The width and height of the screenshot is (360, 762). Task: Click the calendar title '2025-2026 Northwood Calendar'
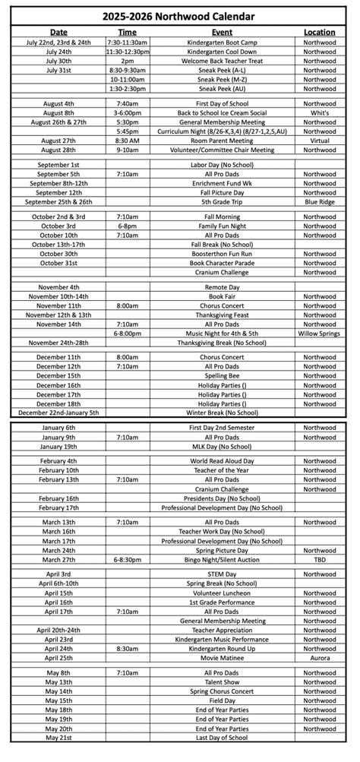[x=180, y=16]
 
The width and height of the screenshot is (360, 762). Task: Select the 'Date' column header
[x=58, y=33]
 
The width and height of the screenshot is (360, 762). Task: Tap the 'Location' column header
[x=319, y=33]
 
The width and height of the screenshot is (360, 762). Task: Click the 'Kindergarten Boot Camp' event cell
[x=222, y=43]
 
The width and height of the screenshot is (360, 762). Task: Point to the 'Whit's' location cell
[x=319, y=113]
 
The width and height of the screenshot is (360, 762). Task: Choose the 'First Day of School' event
[x=222, y=104]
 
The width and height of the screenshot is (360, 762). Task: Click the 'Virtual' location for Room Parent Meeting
[x=319, y=141]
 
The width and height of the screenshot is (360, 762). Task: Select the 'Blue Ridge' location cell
[x=319, y=202]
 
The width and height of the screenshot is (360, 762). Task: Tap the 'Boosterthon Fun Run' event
[x=222, y=254]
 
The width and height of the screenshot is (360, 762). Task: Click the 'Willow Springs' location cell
[x=319, y=334]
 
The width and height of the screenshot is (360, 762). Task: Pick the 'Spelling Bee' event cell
[x=222, y=376]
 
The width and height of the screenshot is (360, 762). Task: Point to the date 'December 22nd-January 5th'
[x=58, y=413]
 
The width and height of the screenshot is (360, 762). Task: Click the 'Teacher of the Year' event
[x=222, y=471]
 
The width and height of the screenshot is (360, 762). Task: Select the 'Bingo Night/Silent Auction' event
[x=222, y=560]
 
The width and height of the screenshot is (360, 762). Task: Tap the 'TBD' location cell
[x=319, y=560]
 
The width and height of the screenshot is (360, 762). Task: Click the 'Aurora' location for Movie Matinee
[x=319, y=658]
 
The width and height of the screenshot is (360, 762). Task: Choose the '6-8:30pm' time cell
[x=127, y=560]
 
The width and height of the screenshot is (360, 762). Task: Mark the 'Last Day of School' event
[x=222, y=738]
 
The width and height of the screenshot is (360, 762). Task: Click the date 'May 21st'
[x=58, y=738]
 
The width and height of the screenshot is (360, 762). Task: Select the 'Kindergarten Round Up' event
[x=222, y=649]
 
